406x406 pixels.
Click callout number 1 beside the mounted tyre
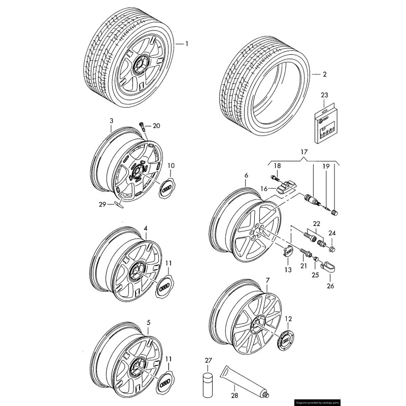click(186, 44)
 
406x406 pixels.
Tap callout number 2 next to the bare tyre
click(325, 74)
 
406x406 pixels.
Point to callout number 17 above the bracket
click(303, 151)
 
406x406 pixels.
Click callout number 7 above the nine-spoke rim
click(267, 280)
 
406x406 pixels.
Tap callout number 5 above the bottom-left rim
click(148, 322)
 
